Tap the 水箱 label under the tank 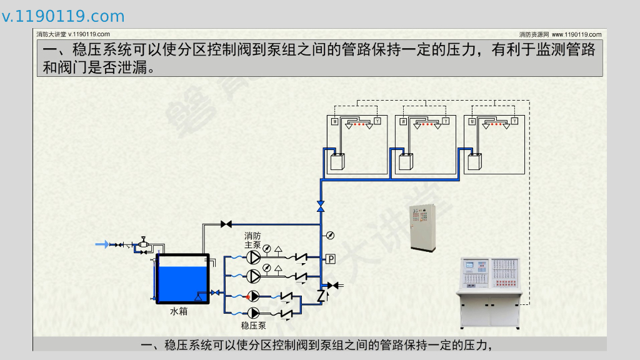coord(179,311)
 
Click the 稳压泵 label coord(253,326)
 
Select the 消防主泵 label coord(252,240)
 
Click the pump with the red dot coord(254,296)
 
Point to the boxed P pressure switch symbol coord(331,259)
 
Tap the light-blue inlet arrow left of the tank coord(101,244)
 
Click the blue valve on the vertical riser coord(321,206)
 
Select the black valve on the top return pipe coord(226,224)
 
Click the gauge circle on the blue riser coord(329,236)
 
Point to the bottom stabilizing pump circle coord(254,312)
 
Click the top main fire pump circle coord(254,257)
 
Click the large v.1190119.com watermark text coord(63,16)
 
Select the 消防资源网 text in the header coord(534,34)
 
